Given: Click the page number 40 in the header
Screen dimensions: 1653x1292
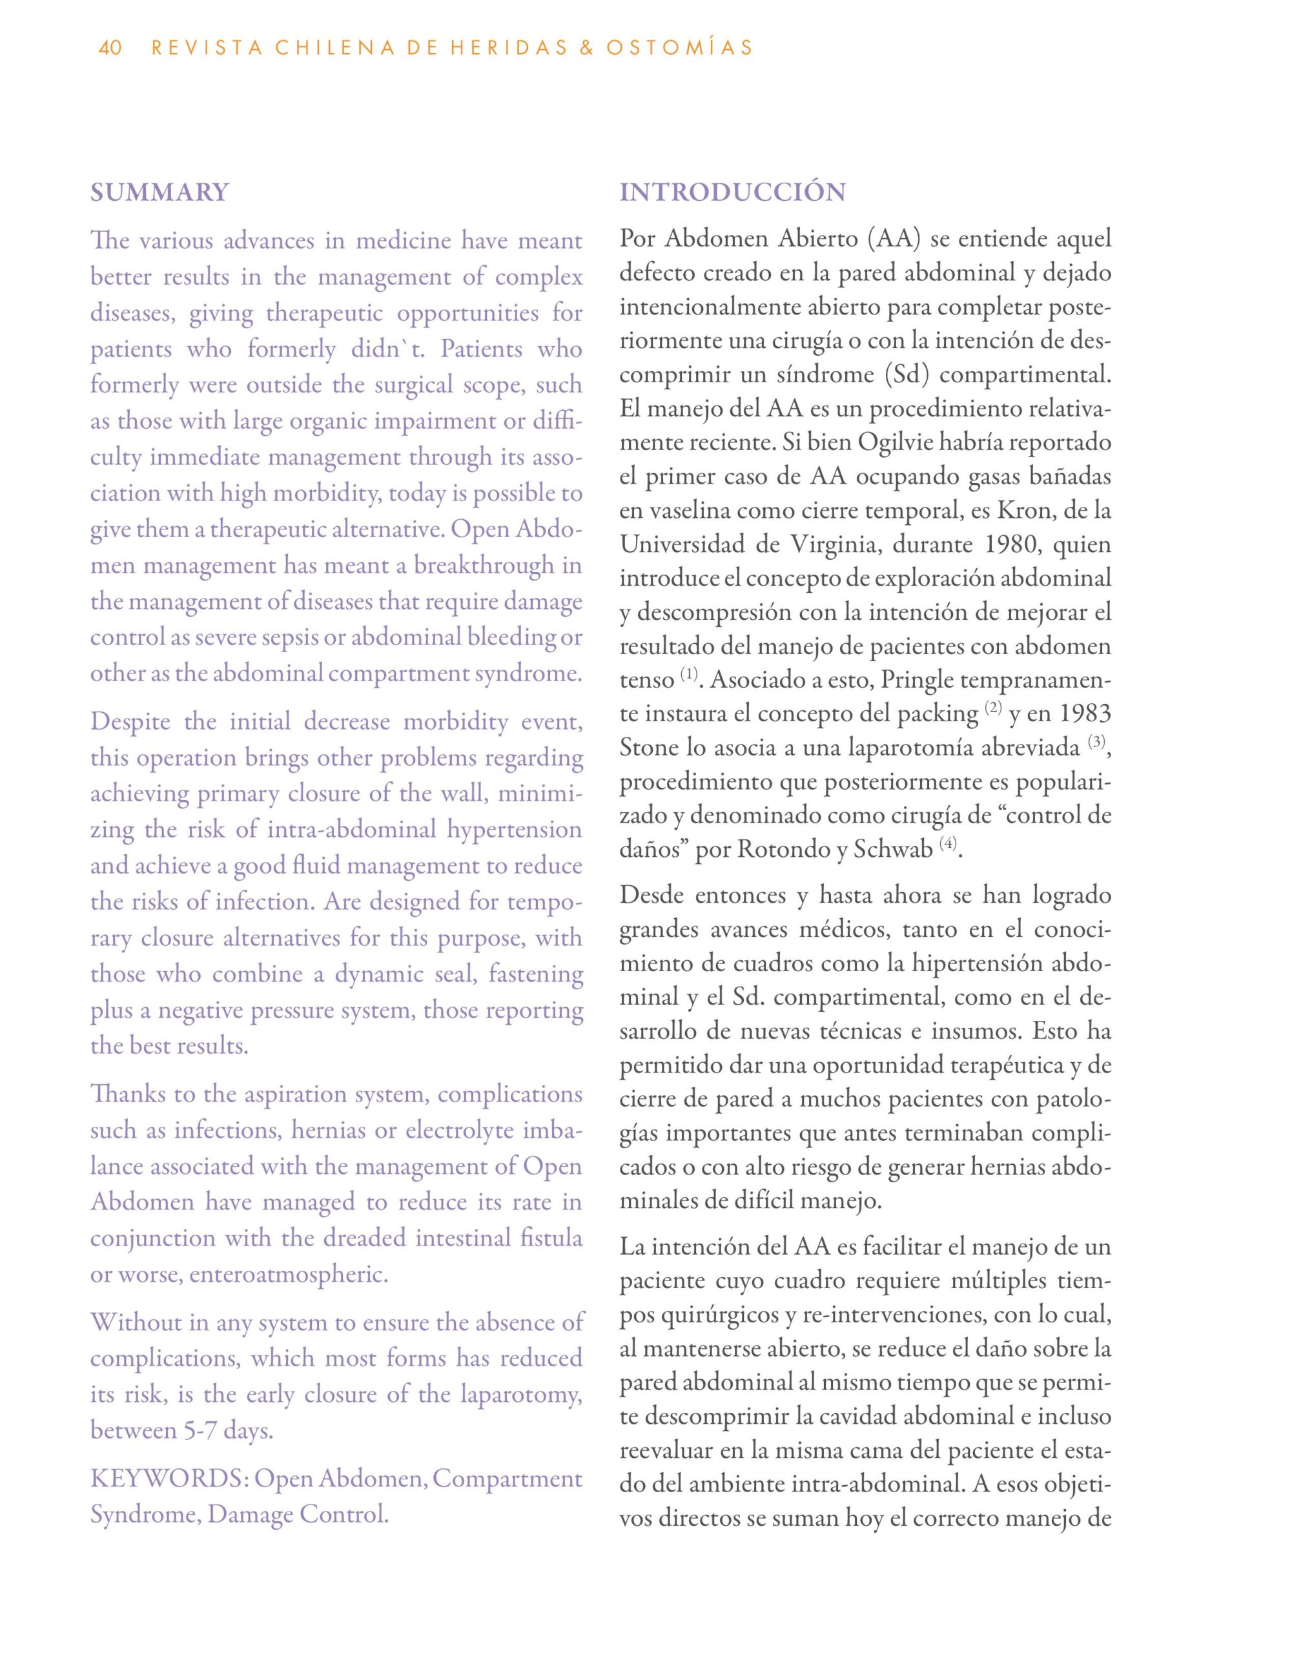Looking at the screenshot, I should click(x=110, y=48).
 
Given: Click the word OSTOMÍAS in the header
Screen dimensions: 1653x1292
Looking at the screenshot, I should click(x=679, y=48).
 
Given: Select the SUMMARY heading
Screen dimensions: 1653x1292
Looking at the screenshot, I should click(x=159, y=192).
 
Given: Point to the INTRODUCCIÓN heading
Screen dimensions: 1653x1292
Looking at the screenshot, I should click(x=732, y=192).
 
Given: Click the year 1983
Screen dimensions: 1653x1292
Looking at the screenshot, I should click(x=1084, y=714).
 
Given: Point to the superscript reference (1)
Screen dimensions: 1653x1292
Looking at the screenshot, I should click(x=688, y=673).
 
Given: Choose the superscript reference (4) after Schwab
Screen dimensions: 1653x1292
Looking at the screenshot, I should click(x=948, y=843).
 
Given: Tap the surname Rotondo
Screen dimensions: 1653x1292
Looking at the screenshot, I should click(x=783, y=850).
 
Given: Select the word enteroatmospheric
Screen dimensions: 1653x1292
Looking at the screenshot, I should click(x=289, y=1275).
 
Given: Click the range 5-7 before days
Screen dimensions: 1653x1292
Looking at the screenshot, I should click(x=202, y=1432).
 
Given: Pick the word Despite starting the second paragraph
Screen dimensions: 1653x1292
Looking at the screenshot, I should click(x=130, y=722).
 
